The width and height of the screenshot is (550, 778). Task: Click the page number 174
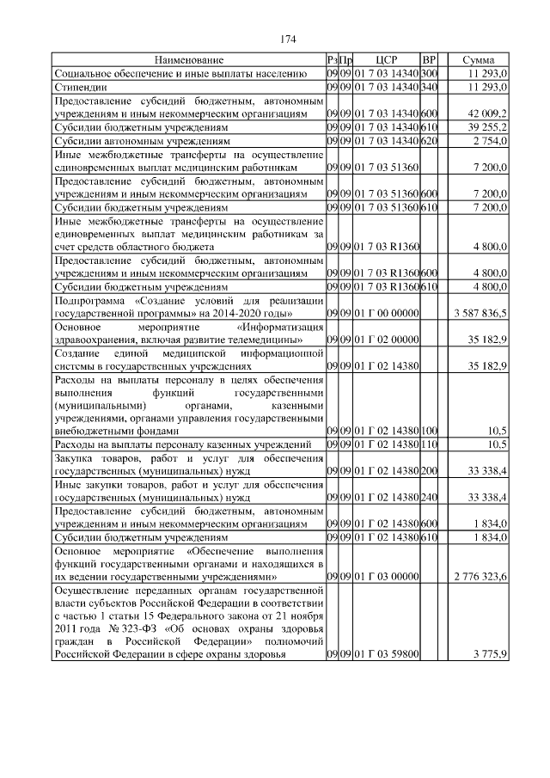288,39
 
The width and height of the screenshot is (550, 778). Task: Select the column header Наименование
189,60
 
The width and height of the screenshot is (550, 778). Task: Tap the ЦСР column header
386,60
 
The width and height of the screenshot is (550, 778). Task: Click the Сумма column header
478,60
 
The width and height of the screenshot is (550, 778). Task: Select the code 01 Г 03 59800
386,654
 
